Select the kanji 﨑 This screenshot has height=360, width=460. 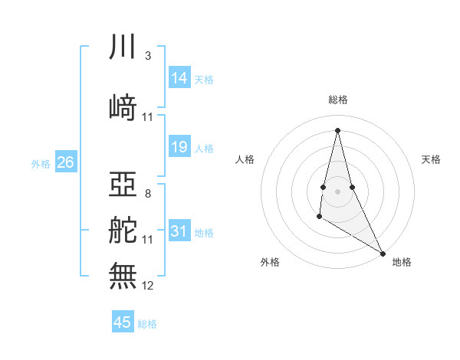point(123,107)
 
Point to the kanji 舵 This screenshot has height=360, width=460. point(123,230)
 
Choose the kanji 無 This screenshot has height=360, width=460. point(123,274)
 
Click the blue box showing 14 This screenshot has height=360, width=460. point(179,78)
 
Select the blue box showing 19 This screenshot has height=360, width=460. point(179,147)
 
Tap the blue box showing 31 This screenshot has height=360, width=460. point(179,231)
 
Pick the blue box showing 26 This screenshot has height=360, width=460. point(65,162)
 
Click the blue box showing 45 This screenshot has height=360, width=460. point(123,322)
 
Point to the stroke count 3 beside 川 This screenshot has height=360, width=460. point(147,57)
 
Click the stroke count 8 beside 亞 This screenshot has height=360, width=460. point(147,193)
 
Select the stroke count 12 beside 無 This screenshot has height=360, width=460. point(148,285)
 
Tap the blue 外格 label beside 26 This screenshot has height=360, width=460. point(40,163)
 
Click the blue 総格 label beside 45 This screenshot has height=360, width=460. point(147,324)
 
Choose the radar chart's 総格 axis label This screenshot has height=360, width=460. point(337,100)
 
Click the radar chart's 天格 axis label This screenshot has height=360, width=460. point(431,159)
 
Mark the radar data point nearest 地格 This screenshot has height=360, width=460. point(383,253)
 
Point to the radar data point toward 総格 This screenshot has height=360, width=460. point(337,129)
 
